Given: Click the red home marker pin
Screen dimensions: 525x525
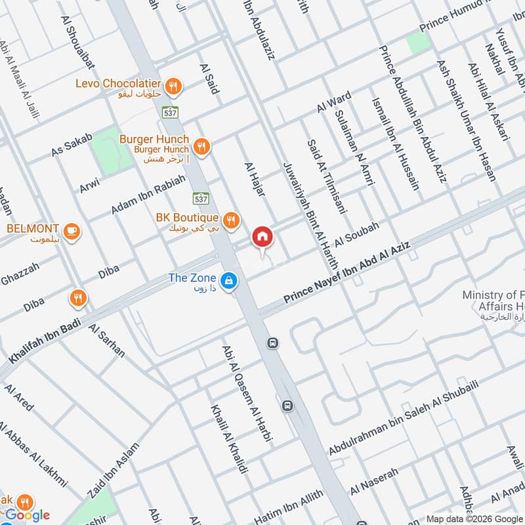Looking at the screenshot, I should point(262,237).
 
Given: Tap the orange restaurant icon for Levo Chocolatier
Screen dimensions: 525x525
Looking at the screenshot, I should point(174,85).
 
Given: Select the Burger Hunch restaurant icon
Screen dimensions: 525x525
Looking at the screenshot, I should point(203,147).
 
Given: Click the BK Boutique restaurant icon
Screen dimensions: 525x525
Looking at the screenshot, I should point(230,220).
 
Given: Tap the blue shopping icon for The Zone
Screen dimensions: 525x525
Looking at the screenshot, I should point(228,281).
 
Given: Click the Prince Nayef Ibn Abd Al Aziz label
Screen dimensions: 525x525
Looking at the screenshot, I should point(347,272).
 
